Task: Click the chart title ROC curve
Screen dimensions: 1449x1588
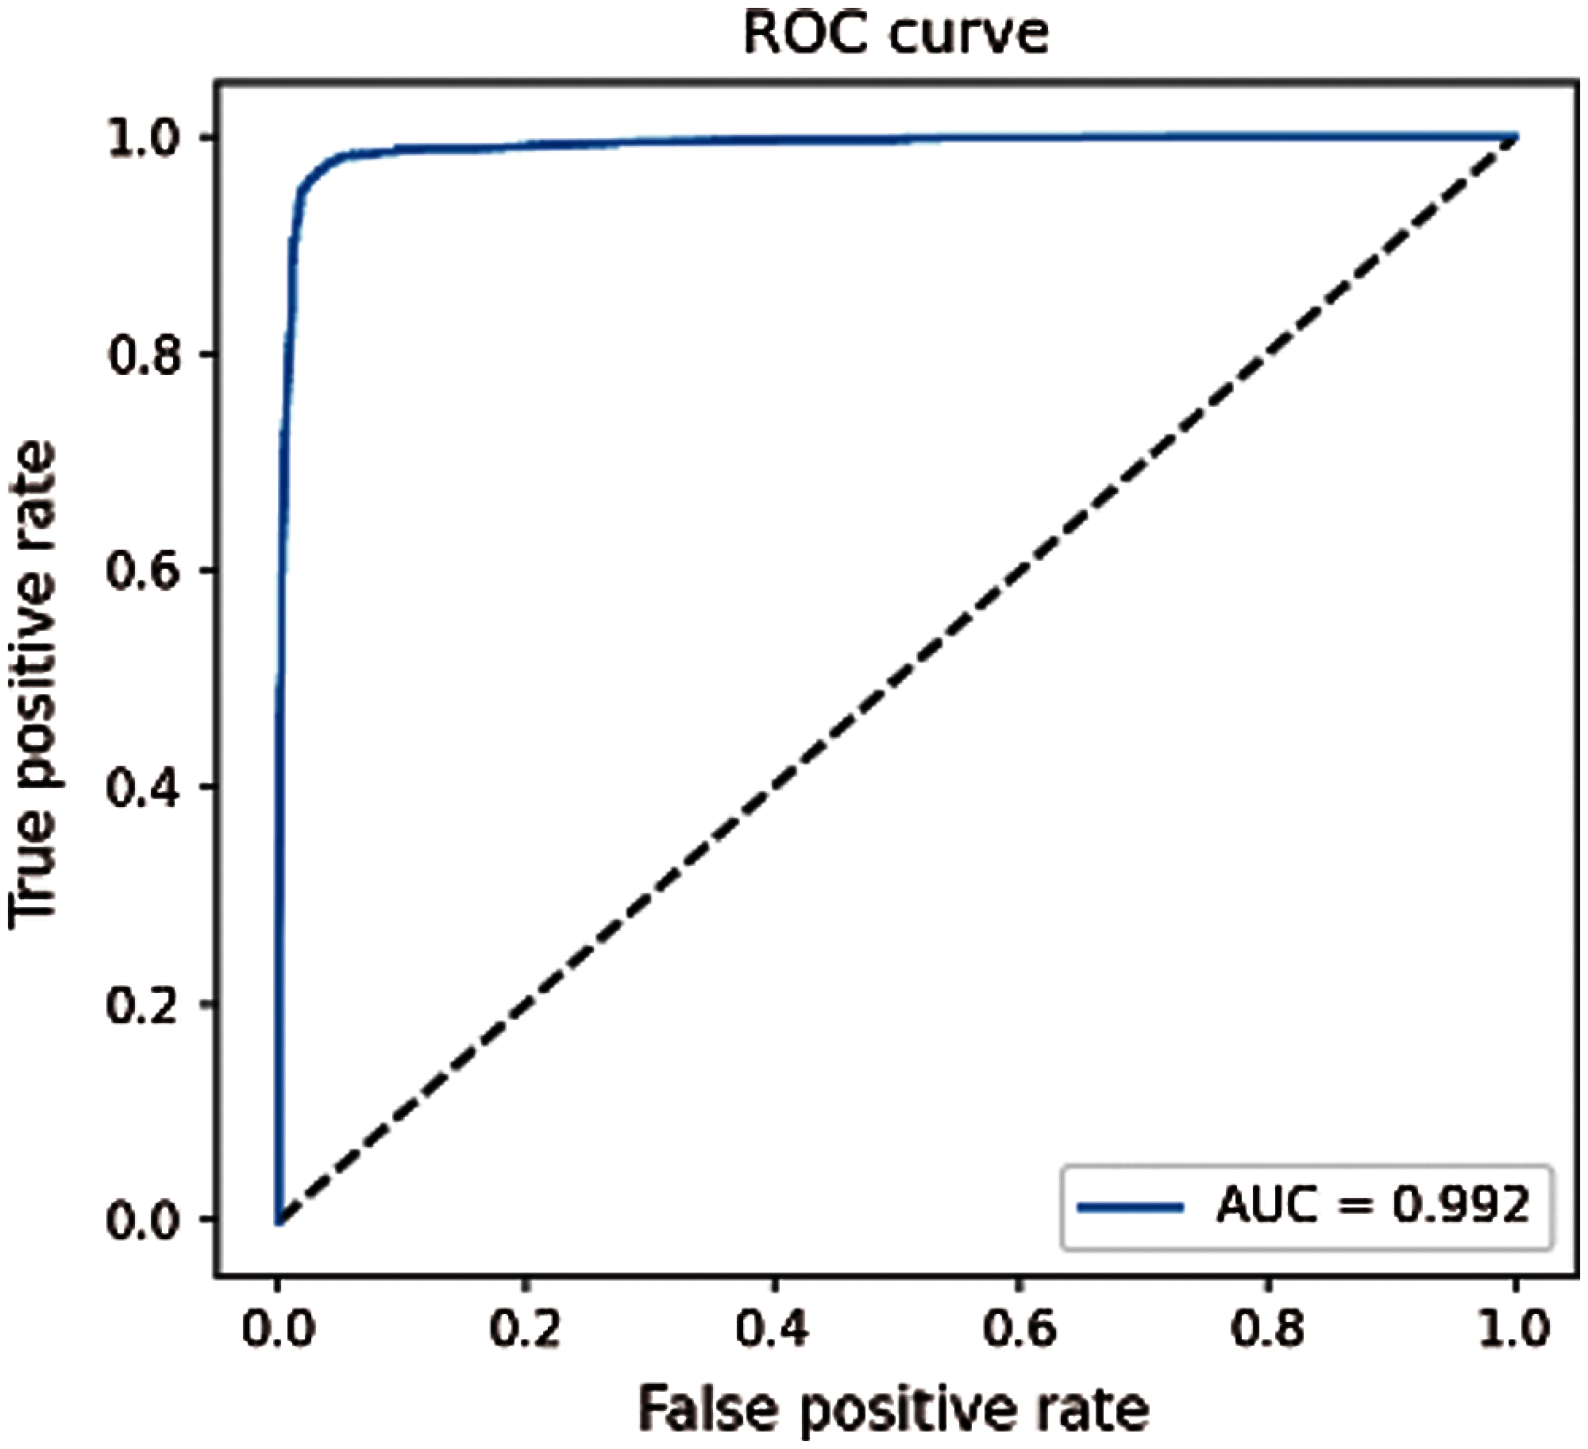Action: [896, 33]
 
